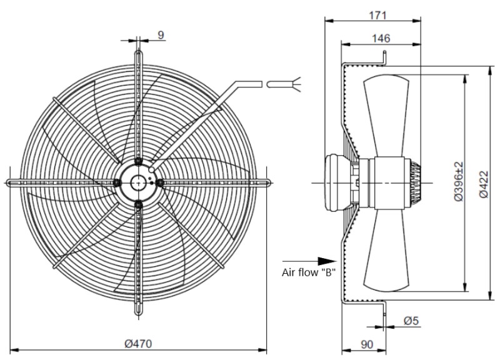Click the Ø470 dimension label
[x=138, y=343]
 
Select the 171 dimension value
[x=377, y=15]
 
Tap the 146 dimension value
[x=381, y=38]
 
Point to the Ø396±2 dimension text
[x=459, y=181]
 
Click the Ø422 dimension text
[x=484, y=184]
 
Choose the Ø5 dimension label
[x=411, y=321]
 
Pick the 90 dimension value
[x=367, y=344]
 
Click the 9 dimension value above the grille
[x=161, y=35]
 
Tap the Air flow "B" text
[x=308, y=272]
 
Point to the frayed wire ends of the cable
[x=296, y=84]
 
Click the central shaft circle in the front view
[x=138, y=182]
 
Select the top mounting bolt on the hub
[x=138, y=161]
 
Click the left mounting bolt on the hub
[x=117, y=182]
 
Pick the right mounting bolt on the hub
[x=160, y=182]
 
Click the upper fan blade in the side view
[x=386, y=116]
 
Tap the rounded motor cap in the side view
[x=337, y=182]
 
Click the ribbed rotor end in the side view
[x=416, y=182]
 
